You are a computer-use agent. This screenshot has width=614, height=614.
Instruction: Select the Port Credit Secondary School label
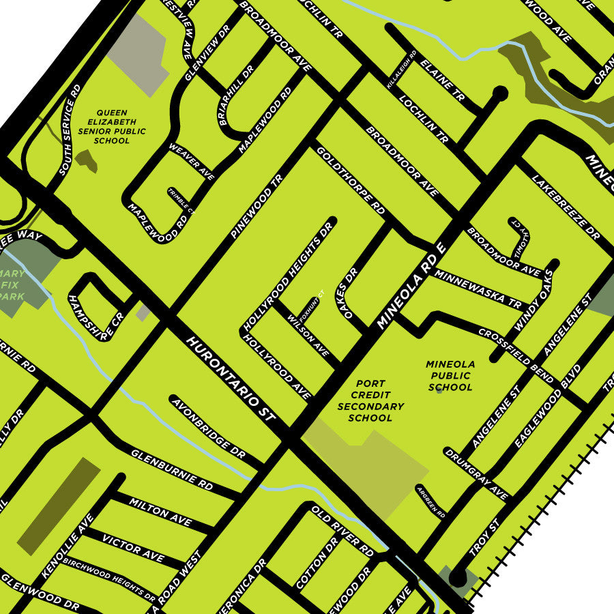(370, 400)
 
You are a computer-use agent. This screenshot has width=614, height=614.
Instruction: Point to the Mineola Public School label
(450, 376)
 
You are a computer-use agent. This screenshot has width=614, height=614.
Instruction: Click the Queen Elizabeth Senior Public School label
(113, 127)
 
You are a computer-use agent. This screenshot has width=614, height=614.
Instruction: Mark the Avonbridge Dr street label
(208, 427)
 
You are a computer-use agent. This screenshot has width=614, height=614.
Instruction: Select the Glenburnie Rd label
(171, 470)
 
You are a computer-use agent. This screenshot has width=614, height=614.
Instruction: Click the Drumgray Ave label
(476, 474)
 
